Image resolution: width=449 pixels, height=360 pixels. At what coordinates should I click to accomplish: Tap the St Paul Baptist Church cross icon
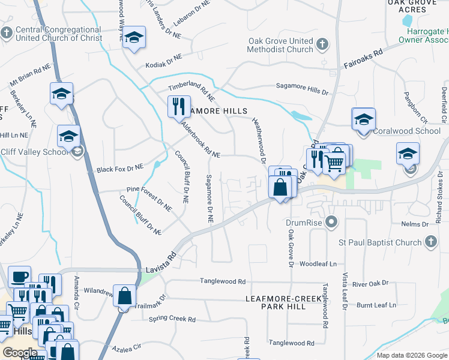pos(430,242)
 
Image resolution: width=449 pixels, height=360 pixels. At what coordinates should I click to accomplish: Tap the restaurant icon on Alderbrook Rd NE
pos(179,107)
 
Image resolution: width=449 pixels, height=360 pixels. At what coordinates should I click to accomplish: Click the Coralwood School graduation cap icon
pos(363,119)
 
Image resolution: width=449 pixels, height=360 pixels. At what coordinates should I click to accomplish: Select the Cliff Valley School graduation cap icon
pos(68,136)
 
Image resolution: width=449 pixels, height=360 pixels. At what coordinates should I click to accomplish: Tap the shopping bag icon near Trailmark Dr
pos(124,296)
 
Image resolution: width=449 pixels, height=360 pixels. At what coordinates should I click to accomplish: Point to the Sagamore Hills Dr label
pos(303,88)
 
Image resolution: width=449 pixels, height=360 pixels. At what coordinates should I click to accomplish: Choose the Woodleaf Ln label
pos(318,264)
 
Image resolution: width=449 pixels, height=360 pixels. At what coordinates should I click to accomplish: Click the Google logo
pos(20,353)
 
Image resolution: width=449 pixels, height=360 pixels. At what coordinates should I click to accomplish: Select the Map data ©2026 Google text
pos(412,355)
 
